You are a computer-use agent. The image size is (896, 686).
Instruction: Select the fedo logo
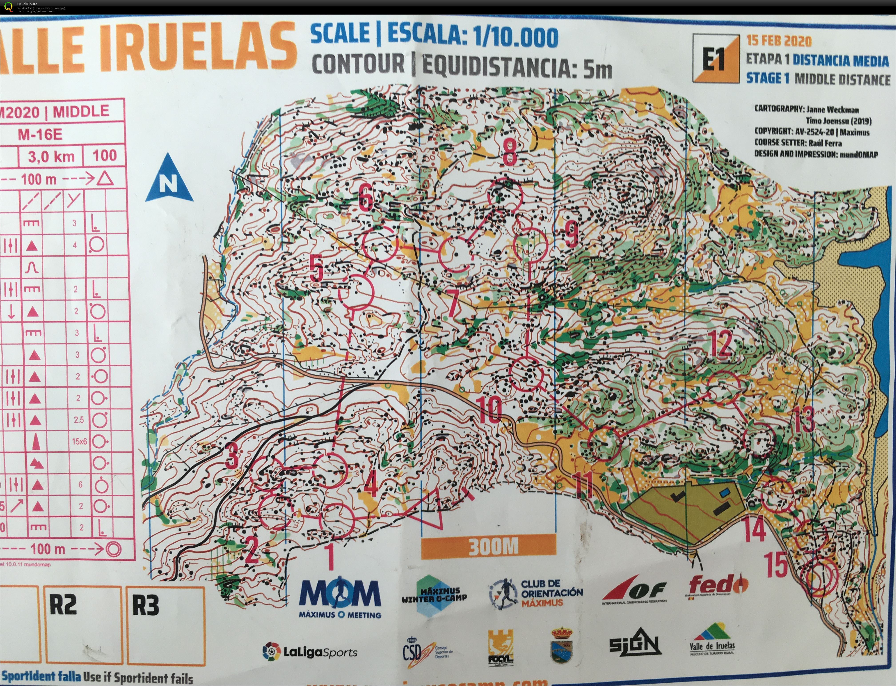pos(718,585)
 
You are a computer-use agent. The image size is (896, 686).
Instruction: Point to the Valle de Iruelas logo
pos(712,640)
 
